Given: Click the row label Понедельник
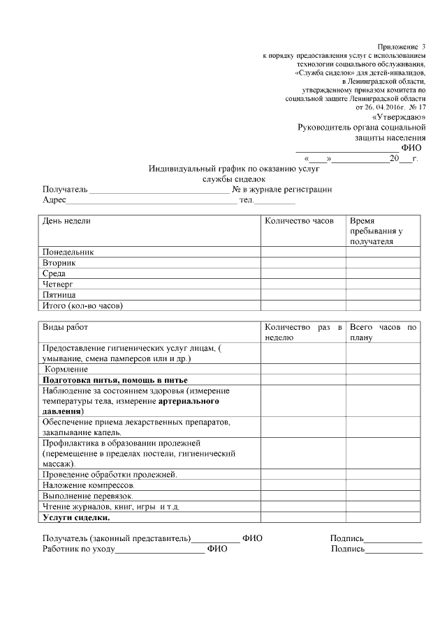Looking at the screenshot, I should (x=68, y=252).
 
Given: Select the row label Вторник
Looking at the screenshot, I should (x=59, y=263).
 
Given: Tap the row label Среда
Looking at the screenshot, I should (x=55, y=273).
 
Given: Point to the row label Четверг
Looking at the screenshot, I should (x=59, y=284).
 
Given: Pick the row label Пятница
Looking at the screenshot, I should (x=59, y=295).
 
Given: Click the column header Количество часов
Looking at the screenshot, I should (x=294, y=220).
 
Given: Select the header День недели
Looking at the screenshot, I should (x=67, y=220).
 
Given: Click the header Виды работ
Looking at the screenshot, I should (x=66, y=327).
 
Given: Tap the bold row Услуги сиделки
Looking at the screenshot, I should (x=76, y=517).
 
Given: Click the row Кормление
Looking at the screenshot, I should (x=66, y=368).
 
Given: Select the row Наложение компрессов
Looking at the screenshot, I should (x=89, y=485).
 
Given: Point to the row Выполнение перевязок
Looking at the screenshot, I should (x=87, y=495).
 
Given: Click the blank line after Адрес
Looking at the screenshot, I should (x=151, y=201).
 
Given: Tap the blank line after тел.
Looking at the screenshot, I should (x=274, y=201).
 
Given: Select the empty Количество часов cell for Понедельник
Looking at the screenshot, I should (x=303, y=252).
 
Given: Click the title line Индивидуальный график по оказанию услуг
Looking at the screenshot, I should (x=234, y=169).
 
